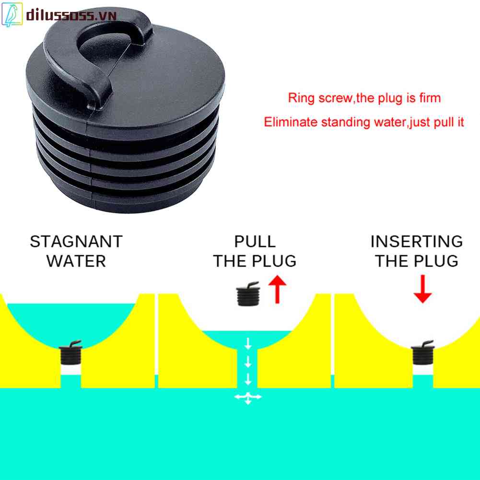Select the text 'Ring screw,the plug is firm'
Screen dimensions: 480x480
tap(364, 98)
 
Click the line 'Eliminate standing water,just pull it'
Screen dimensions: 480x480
tap(364, 122)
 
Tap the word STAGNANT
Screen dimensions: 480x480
tap(76, 241)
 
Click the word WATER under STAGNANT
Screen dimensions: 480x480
tap(76, 262)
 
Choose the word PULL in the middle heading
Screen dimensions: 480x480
tap(255, 241)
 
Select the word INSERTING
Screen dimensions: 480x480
tap(416, 241)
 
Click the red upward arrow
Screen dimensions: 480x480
tap(278, 291)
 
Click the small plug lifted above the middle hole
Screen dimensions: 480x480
tap(248, 293)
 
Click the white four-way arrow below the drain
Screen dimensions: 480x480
tap(248, 397)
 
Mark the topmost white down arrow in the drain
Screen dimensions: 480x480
tap(248, 343)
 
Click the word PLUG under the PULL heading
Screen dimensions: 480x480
tap(275, 262)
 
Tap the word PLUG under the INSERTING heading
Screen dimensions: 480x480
tap(436, 262)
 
